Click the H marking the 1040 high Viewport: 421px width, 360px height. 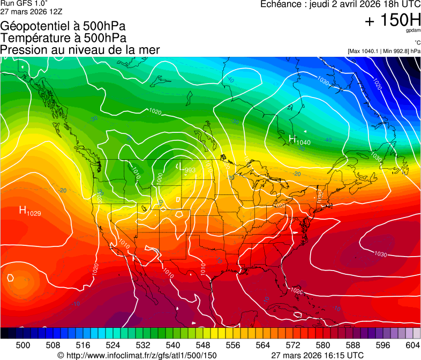(292, 140)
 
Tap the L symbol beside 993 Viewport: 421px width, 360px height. (180, 167)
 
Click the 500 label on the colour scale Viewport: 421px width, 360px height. (23, 345)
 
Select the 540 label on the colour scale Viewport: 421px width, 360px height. (173, 345)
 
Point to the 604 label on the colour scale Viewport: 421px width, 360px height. (413, 345)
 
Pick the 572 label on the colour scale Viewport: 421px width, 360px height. (293, 345)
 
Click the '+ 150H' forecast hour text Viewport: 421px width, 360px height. (393, 20)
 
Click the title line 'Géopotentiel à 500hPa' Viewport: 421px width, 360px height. (64, 26)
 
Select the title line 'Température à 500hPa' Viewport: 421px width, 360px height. (64, 38)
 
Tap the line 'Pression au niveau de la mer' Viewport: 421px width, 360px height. (80, 50)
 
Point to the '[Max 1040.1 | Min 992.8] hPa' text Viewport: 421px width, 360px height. (384, 51)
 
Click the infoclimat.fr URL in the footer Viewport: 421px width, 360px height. (137, 355)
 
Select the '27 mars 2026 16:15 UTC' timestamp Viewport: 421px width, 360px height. (318, 355)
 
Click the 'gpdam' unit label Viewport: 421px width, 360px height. (413, 31)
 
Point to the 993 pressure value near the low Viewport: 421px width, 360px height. (190, 170)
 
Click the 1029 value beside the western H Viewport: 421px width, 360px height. (35, 213)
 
